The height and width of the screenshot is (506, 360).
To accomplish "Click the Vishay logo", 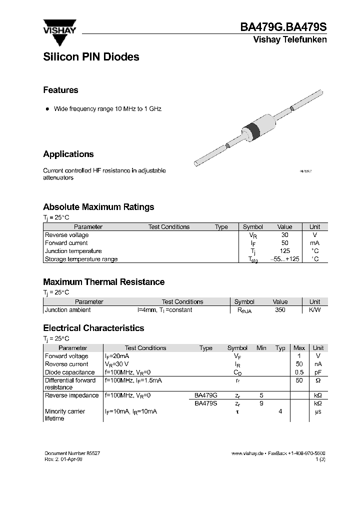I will click(x=58, y=26).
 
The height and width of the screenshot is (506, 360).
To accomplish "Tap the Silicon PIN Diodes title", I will click(x=91, y=57).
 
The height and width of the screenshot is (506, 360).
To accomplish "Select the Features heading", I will click(x=60, y=90).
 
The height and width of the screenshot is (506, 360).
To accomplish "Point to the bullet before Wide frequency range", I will click(x=47, y=108).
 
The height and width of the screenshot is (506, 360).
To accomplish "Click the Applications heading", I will click(x=68, y=154).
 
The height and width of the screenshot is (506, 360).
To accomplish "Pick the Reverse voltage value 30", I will click(x=284, y=235).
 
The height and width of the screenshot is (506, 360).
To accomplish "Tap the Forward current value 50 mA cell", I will click(x=284, y=243).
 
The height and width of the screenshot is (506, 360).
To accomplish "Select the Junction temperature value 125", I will click(x=284, y=251).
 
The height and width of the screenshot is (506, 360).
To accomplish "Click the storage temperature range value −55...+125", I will click(x=284, y=259).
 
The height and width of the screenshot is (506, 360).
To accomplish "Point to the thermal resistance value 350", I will click(x=280, y=310).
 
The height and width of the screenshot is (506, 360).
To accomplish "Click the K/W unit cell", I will click(x=314, y=310).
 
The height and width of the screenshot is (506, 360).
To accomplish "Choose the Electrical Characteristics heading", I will click(x=93, y=328).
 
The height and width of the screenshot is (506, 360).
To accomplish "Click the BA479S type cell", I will click(x=205, y=403).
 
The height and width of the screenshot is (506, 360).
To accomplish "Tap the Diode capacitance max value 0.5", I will click(x=299, y=372).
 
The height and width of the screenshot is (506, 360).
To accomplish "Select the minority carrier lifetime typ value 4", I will click(x=280, y=411).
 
